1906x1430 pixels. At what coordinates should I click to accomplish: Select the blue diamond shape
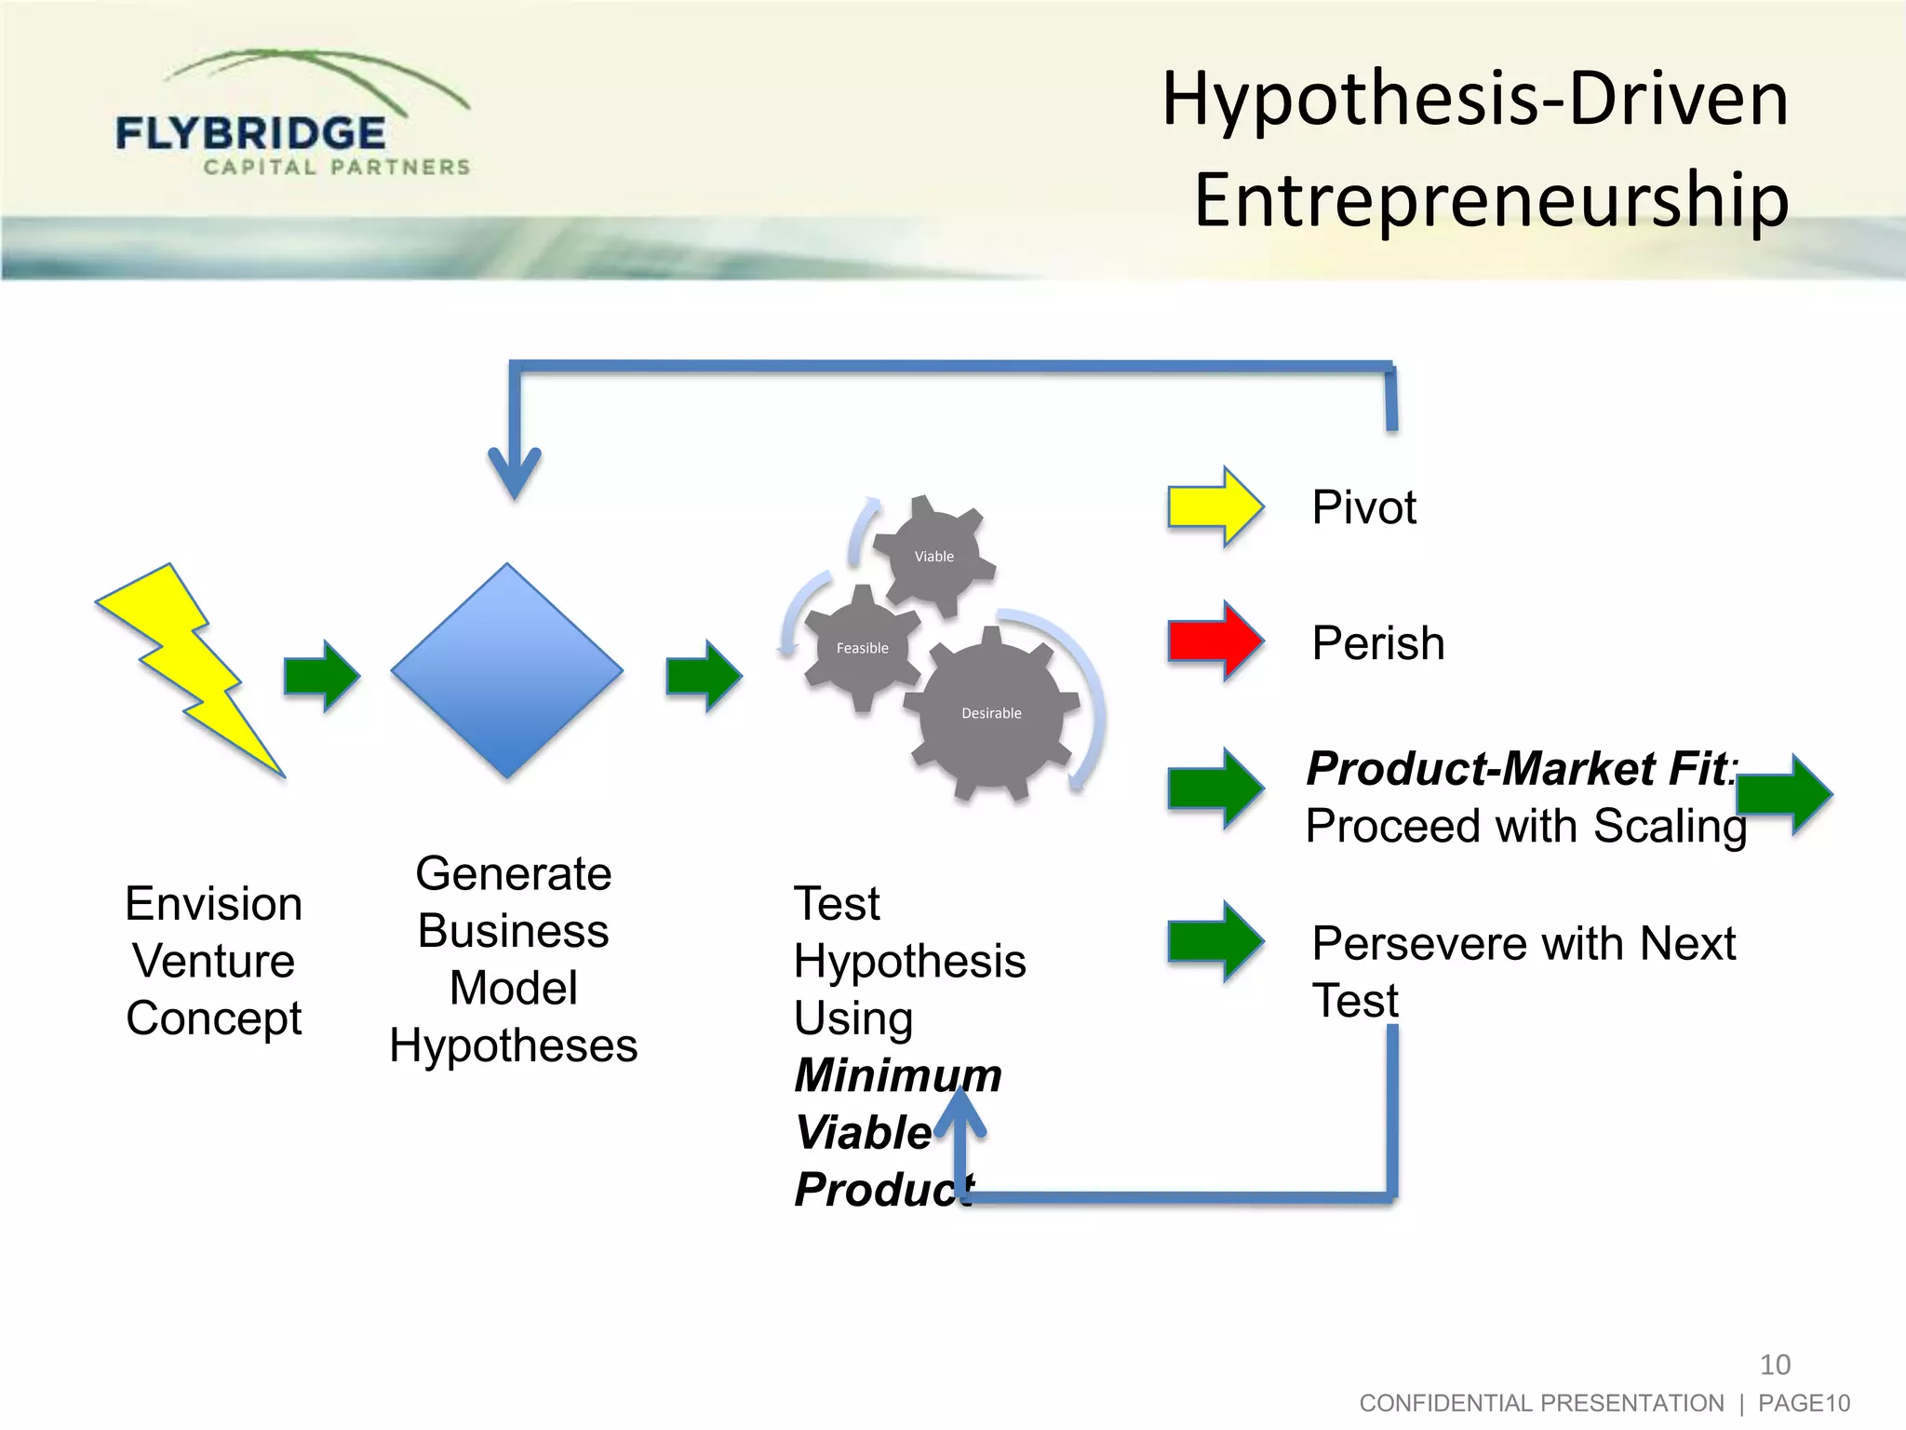pyautogui.click(x=507, y=670)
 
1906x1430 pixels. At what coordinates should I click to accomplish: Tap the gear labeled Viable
pyautogui.click(x=933, y=556)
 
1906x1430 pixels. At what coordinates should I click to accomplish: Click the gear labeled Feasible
pyautogui.click(x=863, y=648)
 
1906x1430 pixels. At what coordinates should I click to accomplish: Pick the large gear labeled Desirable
pyautogui.click(x=992, y=713)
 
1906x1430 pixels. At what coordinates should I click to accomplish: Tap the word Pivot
pyautogui.click(x=1363, y=508)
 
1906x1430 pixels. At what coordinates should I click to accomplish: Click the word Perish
pyautogui.click(x=1377, y=643)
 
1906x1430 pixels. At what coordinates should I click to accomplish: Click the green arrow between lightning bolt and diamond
pyautogui.click(x=322, y=676)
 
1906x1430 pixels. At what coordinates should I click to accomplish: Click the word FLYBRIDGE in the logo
pyautogui.click(x=250, y=134)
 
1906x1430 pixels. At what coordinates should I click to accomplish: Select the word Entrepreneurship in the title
pyautogui.click(x=1491, y=199)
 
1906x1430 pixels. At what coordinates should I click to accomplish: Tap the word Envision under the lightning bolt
pyautogui.click(x=214, y=904)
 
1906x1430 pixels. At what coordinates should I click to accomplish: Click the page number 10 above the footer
pyautogui.click(x=1775, y=1365)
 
